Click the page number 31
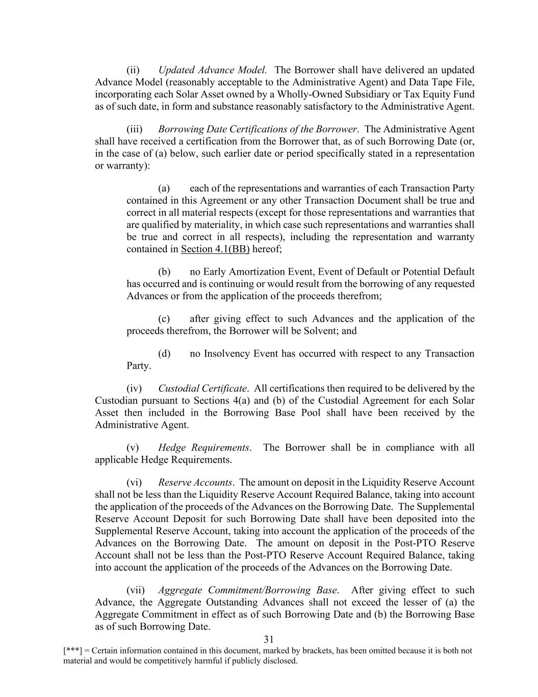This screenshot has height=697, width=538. (269, 639)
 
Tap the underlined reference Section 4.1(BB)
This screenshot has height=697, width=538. (215, 249)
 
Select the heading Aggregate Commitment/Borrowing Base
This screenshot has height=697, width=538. (247, 590)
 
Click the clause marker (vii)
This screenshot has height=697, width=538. (136, 590)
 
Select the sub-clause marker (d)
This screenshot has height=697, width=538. (164, 354)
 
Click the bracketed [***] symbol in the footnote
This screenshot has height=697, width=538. (72, 651)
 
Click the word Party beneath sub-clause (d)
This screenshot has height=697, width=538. (139, 366)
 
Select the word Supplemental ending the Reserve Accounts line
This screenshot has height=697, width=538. (446, 507)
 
